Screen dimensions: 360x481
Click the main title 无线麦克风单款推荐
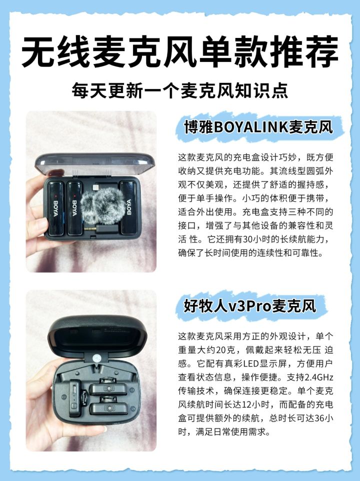pos(180,51)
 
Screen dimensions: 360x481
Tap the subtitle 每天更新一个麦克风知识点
pos(180,90)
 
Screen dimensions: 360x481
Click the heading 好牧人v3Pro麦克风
pos(250,306)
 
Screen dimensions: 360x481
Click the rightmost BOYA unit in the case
pos(128,207)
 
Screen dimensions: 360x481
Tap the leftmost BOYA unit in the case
pos(56,208)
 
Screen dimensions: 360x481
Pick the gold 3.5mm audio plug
pos(90,228)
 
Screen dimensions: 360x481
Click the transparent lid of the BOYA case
pos(95,164)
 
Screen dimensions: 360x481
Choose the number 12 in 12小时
pos(247,404)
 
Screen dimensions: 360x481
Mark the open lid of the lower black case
pos(97,335)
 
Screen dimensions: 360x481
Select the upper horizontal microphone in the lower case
pos(107,388)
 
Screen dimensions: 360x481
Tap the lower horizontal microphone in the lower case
pos(108,408)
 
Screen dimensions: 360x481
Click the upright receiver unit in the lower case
pos(74,398)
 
